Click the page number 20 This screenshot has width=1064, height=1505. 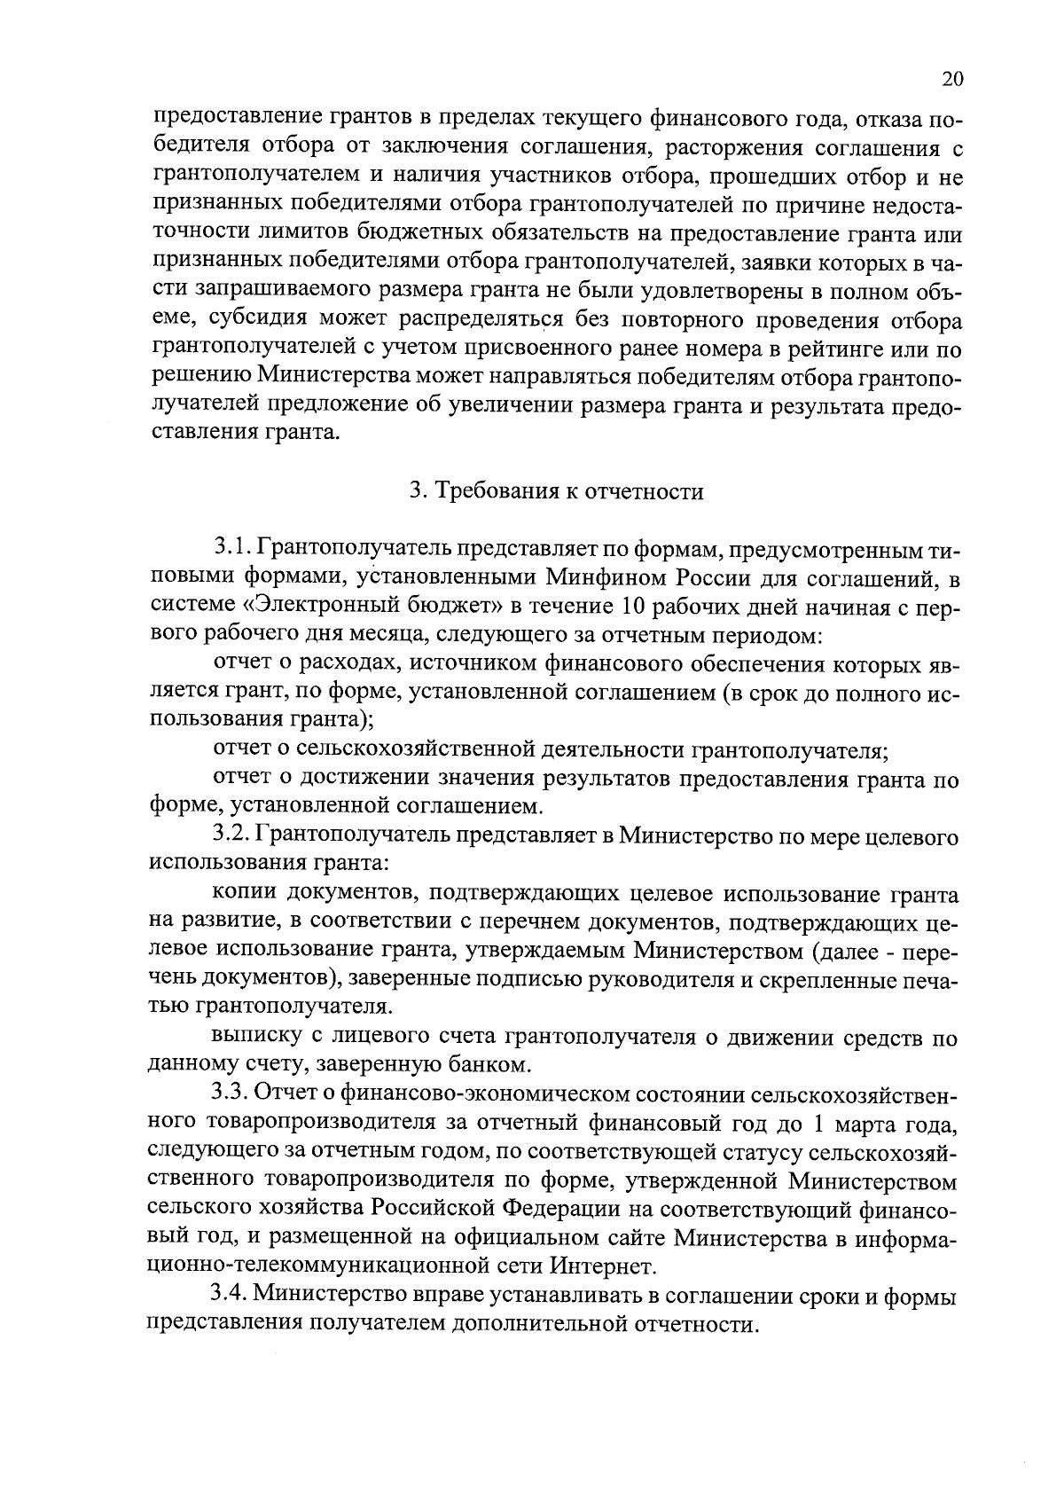pyautogui.click(x=951, y=79)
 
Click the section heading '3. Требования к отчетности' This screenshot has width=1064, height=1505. pyautogui.click(x=556, y=491)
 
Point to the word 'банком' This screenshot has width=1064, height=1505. pyautogui.click(x=496, y=1063)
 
